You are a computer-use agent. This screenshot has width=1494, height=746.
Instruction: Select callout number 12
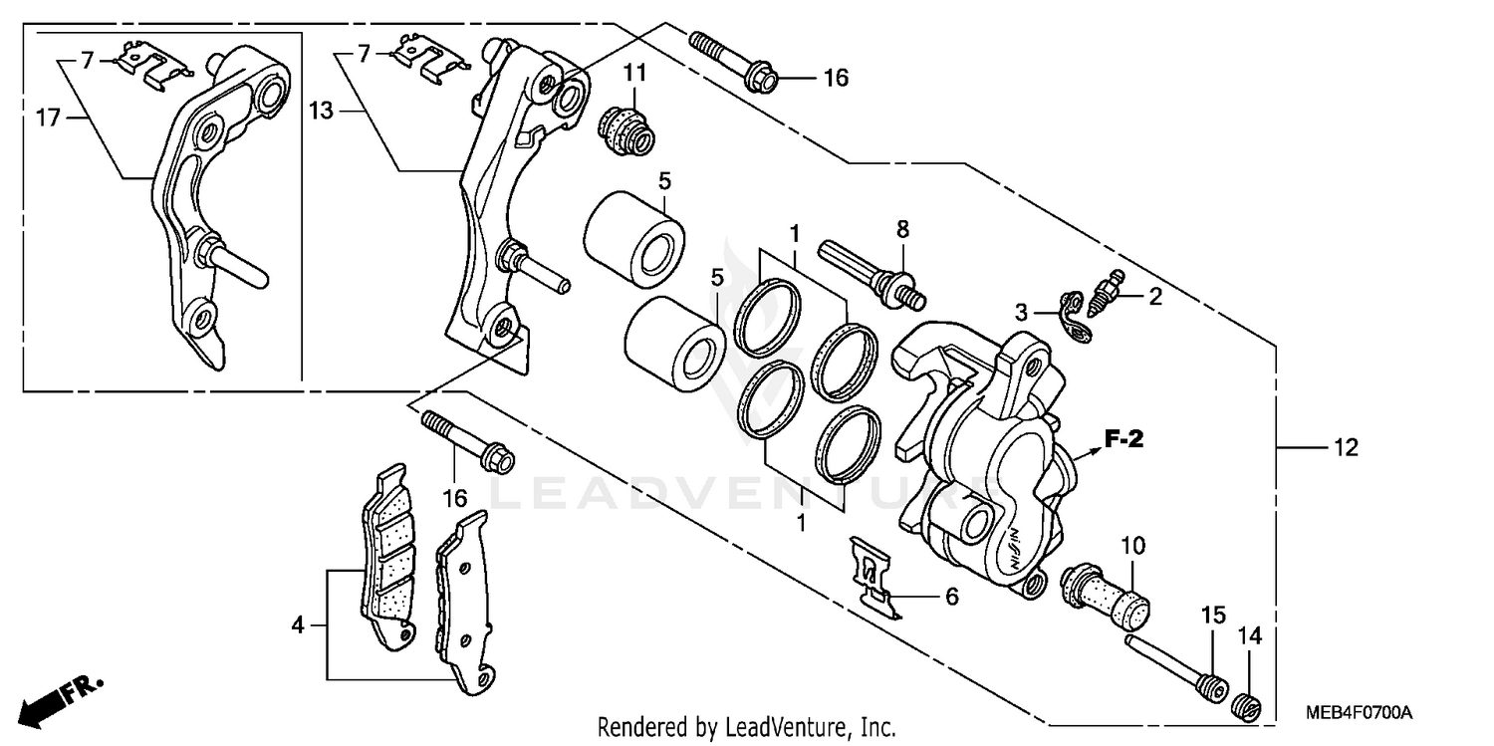1346,449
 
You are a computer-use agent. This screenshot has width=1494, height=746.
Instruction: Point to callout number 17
49,118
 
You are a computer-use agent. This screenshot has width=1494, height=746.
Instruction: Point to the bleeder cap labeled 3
1074,313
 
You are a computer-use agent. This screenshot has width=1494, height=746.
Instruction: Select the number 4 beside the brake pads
296,625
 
